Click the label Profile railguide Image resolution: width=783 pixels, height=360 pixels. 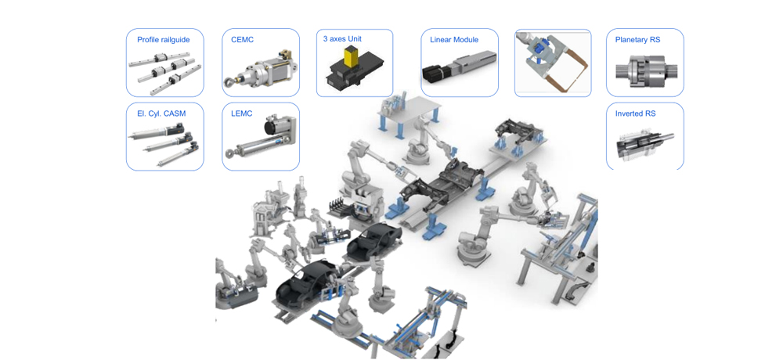click(x=164, y=39)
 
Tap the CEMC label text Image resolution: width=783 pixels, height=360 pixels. click(x=242, y=39)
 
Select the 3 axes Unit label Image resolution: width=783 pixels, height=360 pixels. click(x=342, y=38)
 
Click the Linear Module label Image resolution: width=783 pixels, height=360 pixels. click(x=454, y=39)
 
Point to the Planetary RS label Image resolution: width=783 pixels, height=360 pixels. click(x=637, y=39)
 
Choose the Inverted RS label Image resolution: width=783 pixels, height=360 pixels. click(x=635, y=113)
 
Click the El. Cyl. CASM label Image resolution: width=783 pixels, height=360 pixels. click(x=161, y=113)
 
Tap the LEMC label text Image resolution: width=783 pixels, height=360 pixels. click(x=242, y=113)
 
